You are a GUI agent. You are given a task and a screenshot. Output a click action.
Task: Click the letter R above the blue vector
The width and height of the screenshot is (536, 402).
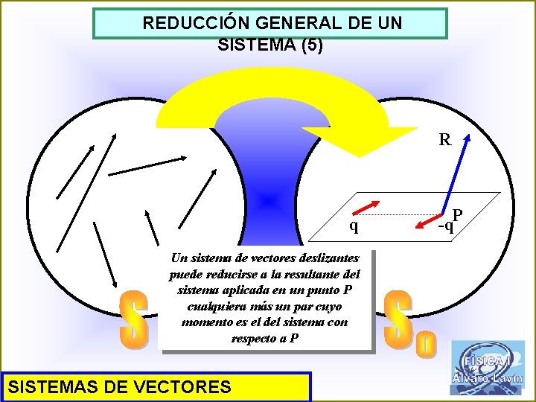444,139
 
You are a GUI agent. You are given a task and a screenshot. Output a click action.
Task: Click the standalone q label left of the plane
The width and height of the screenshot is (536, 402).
354,224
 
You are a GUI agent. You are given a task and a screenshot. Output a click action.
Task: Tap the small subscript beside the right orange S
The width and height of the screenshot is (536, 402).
424,345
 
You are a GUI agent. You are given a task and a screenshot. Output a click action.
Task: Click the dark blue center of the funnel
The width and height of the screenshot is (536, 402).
269,201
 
